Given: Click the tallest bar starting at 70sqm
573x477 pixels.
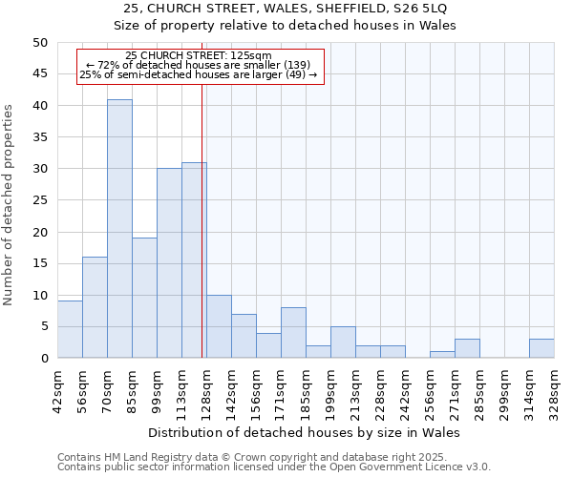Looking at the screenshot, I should pos(119,229).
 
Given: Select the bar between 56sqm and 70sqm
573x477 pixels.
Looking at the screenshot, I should pos(95,307).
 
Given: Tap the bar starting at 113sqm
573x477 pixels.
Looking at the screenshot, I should pos(194,260).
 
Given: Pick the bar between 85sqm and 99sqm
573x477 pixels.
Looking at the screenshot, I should pos(144,298).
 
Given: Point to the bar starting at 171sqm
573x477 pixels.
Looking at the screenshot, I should pos(293,333).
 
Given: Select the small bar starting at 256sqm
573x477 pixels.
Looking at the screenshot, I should pos(442,355).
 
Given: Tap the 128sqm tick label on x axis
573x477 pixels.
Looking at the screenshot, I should pos(206,390).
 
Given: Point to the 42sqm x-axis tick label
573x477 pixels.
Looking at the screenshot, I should pos(57,390).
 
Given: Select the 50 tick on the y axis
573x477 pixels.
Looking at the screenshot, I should pos(39,43).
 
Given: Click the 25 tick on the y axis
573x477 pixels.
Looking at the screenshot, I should pos(39,200).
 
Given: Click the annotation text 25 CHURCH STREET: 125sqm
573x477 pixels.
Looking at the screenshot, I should pos(199,56).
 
